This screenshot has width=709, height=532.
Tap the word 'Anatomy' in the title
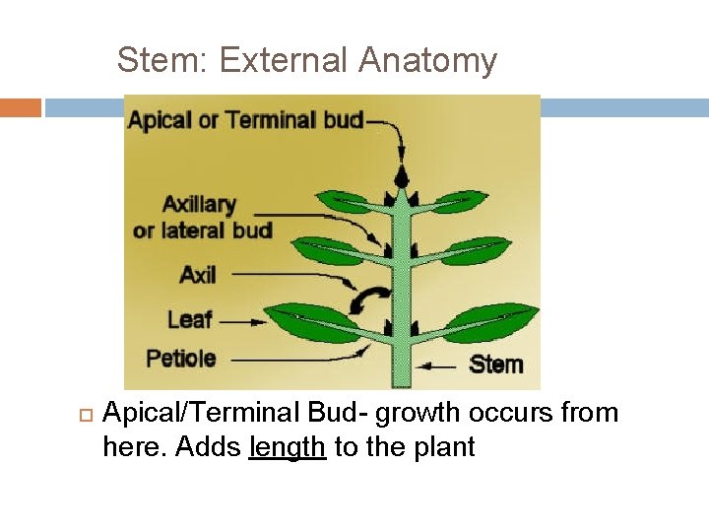427,61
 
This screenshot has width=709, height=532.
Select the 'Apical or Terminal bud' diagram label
245,121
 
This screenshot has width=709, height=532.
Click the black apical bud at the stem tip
401,175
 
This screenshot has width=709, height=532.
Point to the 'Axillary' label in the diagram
199,205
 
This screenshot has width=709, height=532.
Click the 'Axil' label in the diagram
197,275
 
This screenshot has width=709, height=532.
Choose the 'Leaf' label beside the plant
189,319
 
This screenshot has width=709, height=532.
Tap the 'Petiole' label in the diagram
180,358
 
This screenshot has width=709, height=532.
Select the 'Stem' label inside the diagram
495,364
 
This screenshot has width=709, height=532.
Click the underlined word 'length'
288,447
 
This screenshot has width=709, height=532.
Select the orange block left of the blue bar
21,107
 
